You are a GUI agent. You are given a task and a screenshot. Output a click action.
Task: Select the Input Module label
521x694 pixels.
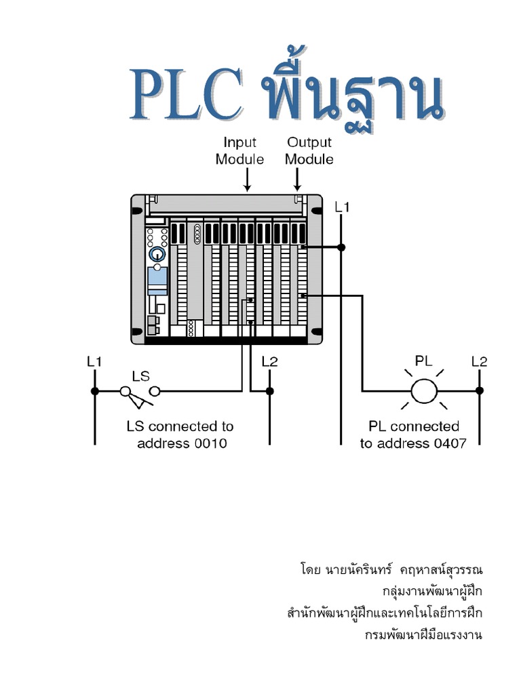(240, 150)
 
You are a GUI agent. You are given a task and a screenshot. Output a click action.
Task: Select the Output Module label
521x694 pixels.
(309, 150)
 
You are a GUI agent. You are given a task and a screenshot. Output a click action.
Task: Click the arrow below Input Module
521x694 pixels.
(248, 180)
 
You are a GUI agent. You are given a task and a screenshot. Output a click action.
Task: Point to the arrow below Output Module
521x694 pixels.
(297, 180)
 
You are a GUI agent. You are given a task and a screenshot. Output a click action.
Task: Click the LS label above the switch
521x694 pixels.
(140, 375)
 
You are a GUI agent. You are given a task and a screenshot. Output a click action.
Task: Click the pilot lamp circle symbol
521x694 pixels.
(425, 390)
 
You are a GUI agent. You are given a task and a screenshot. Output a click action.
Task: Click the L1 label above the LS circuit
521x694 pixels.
(94, 362)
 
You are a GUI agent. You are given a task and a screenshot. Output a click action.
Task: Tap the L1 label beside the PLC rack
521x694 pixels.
(342, 207)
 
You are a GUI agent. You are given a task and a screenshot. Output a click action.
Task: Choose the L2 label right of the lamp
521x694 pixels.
(480, 362)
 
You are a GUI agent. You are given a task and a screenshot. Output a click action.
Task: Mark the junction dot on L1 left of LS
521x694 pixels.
(95, 390)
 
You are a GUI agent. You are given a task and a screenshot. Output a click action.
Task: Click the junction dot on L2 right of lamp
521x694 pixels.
(480, 390)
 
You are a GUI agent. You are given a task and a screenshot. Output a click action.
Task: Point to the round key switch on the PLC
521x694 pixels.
(157, 254)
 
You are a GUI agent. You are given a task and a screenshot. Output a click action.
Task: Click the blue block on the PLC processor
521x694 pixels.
(157, 277)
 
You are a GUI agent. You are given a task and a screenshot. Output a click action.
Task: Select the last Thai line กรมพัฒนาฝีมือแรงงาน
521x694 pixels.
(424, 636)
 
